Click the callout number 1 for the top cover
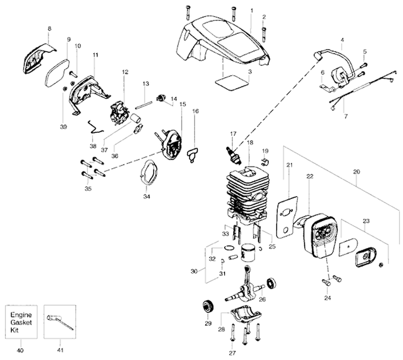252,11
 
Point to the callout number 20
357,172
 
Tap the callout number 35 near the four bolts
89,189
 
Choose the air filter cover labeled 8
38,55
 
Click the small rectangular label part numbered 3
232,82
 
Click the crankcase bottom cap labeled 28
248,316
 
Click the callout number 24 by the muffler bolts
327,297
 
